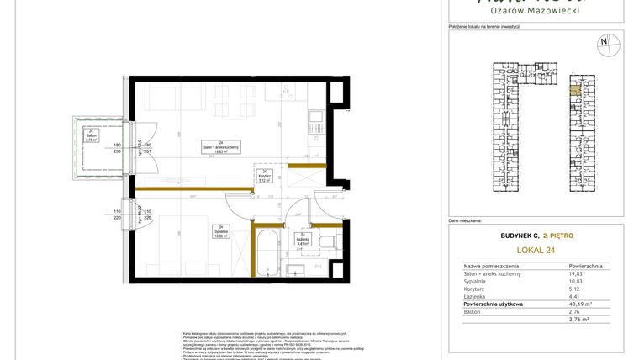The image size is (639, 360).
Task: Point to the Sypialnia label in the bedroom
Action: coord(221,233)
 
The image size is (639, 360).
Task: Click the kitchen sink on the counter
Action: coord(315,119)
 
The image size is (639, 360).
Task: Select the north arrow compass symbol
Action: coord(603,41)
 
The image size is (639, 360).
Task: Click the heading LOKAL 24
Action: coord(534,250)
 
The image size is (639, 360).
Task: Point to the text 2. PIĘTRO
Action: coord(558,237)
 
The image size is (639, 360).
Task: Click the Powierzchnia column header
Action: coord(585,265)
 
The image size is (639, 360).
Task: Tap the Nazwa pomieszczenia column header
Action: coord(496,265)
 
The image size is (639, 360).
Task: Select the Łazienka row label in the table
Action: coord(477,296)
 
